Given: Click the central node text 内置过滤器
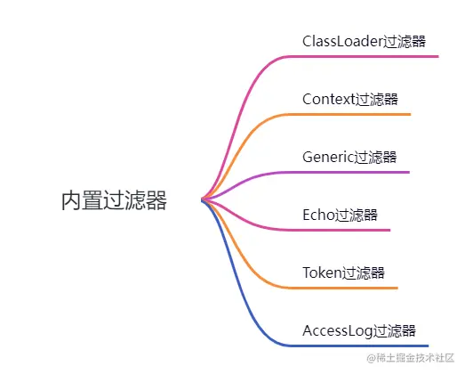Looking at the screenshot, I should pos(114,200).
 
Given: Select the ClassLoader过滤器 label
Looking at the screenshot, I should pos(364,41).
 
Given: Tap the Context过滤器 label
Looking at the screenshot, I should pos(349,99).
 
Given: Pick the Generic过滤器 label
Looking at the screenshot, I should pos(349,157).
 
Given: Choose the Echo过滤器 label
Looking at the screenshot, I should pos(340,215).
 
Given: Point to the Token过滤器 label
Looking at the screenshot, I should pos(343,272).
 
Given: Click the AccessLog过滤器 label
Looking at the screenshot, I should pos(359,330).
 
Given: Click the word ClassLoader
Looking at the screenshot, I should pos(341,41).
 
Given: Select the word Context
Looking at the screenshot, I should pos(328,99).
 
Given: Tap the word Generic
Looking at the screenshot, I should pos(328,157).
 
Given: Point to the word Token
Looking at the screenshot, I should pos(322,272).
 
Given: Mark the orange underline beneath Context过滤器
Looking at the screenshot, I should pos(356,114).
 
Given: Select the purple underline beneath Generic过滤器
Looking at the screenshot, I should pos(356,172).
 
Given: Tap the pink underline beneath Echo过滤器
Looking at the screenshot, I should pos(347,230).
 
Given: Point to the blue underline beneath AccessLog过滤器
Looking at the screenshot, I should pos(365,346).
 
